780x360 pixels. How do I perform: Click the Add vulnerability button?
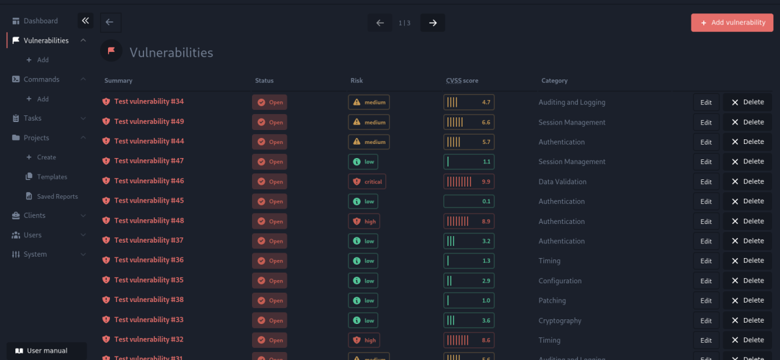732,23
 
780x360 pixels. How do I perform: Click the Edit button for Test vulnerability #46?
706,181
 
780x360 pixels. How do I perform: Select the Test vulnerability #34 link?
149,101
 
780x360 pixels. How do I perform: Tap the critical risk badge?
367,181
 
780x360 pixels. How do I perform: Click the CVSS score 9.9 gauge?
469,181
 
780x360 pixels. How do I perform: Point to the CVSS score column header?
462,81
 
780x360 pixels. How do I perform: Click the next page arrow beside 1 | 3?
433,23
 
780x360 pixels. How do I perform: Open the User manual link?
47,351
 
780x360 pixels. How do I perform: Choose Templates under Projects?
52,177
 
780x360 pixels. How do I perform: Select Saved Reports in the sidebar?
57,197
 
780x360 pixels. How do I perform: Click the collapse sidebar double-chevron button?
85,21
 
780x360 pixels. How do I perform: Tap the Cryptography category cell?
559,321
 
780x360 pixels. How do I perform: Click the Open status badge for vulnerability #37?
269,241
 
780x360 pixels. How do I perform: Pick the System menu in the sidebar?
35,254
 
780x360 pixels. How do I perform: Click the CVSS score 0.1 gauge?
469,201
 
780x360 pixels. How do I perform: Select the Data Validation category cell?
562,181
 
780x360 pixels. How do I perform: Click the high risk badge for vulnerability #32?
363,340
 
